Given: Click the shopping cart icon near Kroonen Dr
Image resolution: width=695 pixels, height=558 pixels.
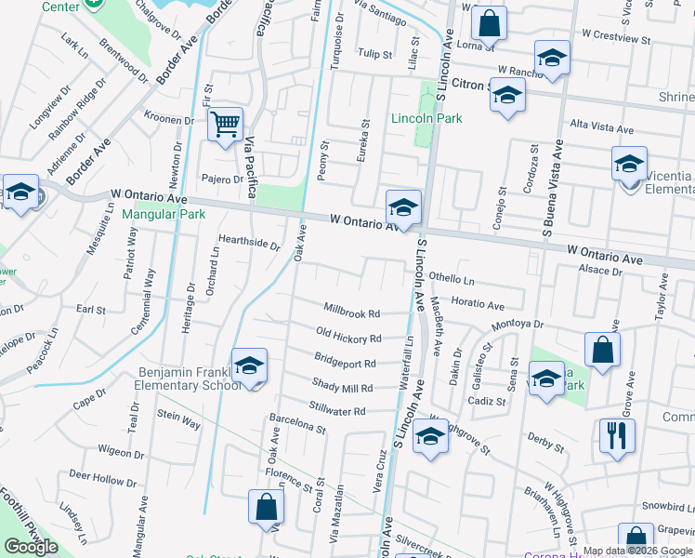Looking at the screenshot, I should coord(226,123).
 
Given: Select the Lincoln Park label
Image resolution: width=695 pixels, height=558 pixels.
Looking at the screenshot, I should coord(413,118).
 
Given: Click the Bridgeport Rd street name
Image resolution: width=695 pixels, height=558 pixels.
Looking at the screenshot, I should coord(345,363).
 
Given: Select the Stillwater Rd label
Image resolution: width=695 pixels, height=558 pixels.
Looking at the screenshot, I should coord(338,411).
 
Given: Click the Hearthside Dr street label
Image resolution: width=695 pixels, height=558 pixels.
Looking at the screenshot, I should coord(249,243).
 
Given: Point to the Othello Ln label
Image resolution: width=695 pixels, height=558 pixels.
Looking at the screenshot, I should coord(451,279).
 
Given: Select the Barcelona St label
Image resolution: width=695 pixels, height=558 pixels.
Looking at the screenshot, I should coord(297,430).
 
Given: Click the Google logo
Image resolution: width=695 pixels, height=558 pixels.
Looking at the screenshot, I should coord(32,546).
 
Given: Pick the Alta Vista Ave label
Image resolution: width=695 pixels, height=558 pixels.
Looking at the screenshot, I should coord(601,127).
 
